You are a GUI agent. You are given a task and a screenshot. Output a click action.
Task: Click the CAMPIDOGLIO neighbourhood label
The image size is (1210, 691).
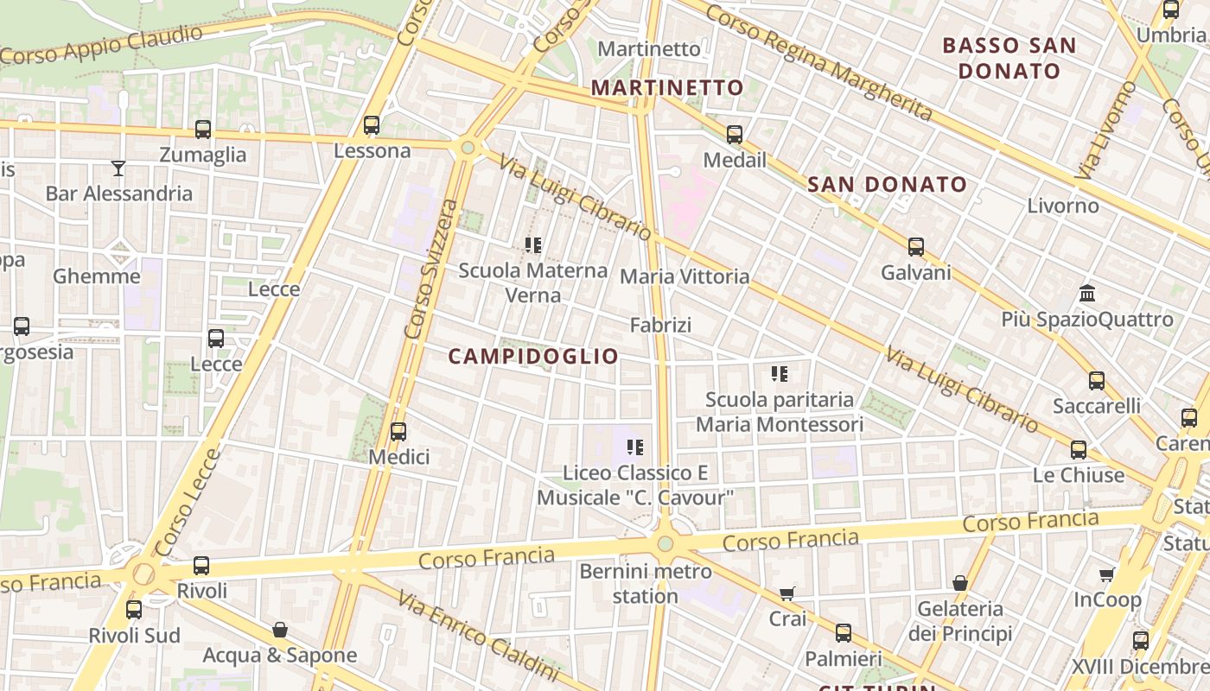[x=533, y=356]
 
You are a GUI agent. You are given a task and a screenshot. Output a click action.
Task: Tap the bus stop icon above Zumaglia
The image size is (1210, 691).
[x=203, y=130]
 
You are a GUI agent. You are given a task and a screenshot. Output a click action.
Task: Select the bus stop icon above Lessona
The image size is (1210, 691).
[x=372, y=125]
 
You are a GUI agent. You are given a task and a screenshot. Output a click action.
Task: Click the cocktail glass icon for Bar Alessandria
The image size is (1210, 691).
[x=118, y=168]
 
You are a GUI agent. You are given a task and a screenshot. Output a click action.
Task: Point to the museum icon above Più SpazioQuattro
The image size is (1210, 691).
[x=1087, y=294]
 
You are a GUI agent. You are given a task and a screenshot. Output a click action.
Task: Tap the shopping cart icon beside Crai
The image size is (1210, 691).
[x=786, y=593]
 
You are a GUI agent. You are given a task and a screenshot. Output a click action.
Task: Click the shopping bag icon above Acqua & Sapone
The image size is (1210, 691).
[x=279, y=630]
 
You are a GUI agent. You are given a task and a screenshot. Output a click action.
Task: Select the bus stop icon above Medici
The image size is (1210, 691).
[x=398, y=431]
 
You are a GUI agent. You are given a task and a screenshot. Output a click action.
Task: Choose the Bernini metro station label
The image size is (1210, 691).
[x=646, y=583]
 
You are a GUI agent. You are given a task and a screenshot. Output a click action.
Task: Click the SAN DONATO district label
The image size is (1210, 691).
[x=887, y=184]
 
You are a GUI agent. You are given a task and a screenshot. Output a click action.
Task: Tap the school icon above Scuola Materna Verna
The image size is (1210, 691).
[x=533, y=245]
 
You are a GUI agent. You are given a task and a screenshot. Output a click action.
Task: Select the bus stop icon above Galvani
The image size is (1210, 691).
[x=916, y=247]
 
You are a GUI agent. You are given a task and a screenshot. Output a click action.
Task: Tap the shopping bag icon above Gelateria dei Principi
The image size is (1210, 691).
[x=959, y=583]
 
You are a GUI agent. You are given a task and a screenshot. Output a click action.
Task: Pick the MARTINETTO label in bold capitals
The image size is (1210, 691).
[x=667, y=87]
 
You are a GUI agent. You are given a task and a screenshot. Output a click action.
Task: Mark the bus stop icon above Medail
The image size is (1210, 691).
[x=735, y=135]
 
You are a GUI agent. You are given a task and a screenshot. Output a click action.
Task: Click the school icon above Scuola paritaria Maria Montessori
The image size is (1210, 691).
[x=780, y=374]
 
